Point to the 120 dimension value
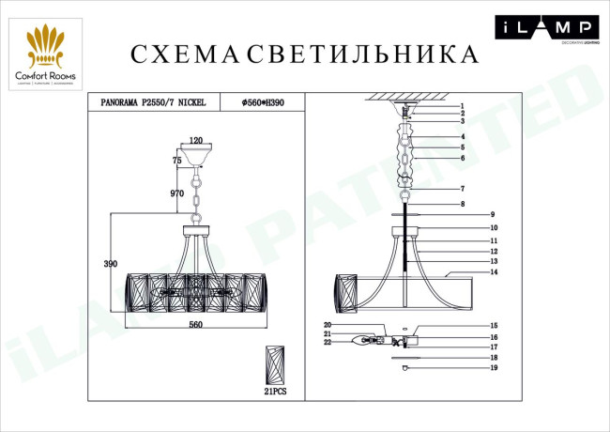coord(196,140)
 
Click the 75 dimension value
coord(176,161)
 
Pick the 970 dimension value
coord(175,193)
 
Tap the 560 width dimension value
coord(196,324)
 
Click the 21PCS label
coord(275,392)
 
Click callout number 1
coord(463,106)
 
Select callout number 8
coord(463,204)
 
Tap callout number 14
coord(492,271)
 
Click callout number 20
coord(328,325)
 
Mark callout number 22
coord(328,343)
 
